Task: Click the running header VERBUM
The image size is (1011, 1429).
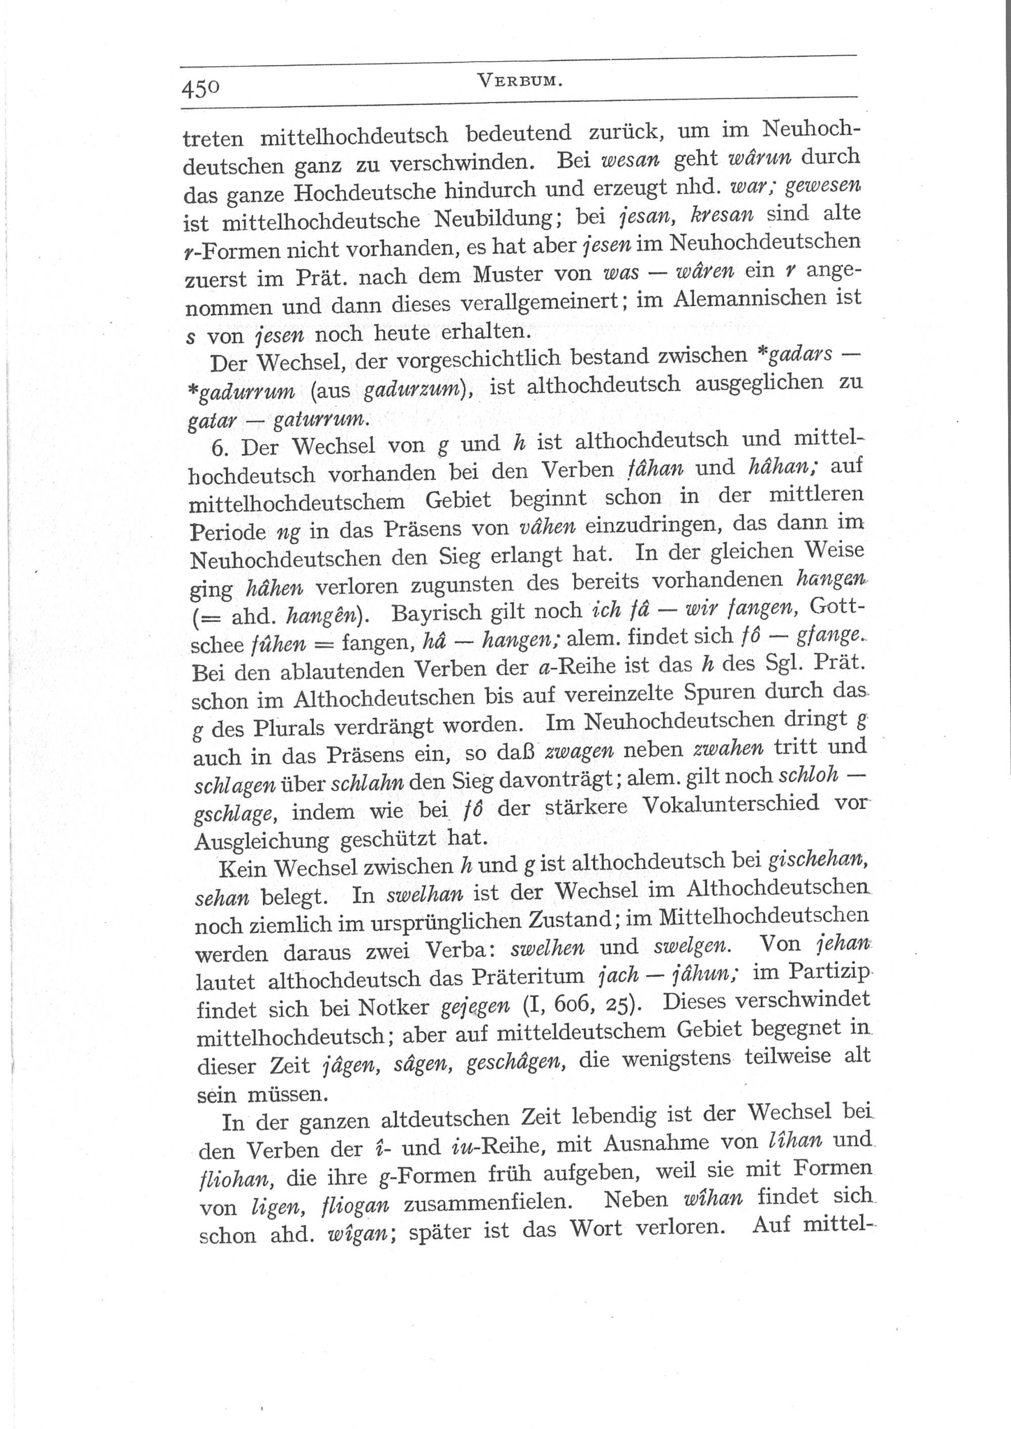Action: point(519,81)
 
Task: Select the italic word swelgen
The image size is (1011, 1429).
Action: point(691,947)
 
